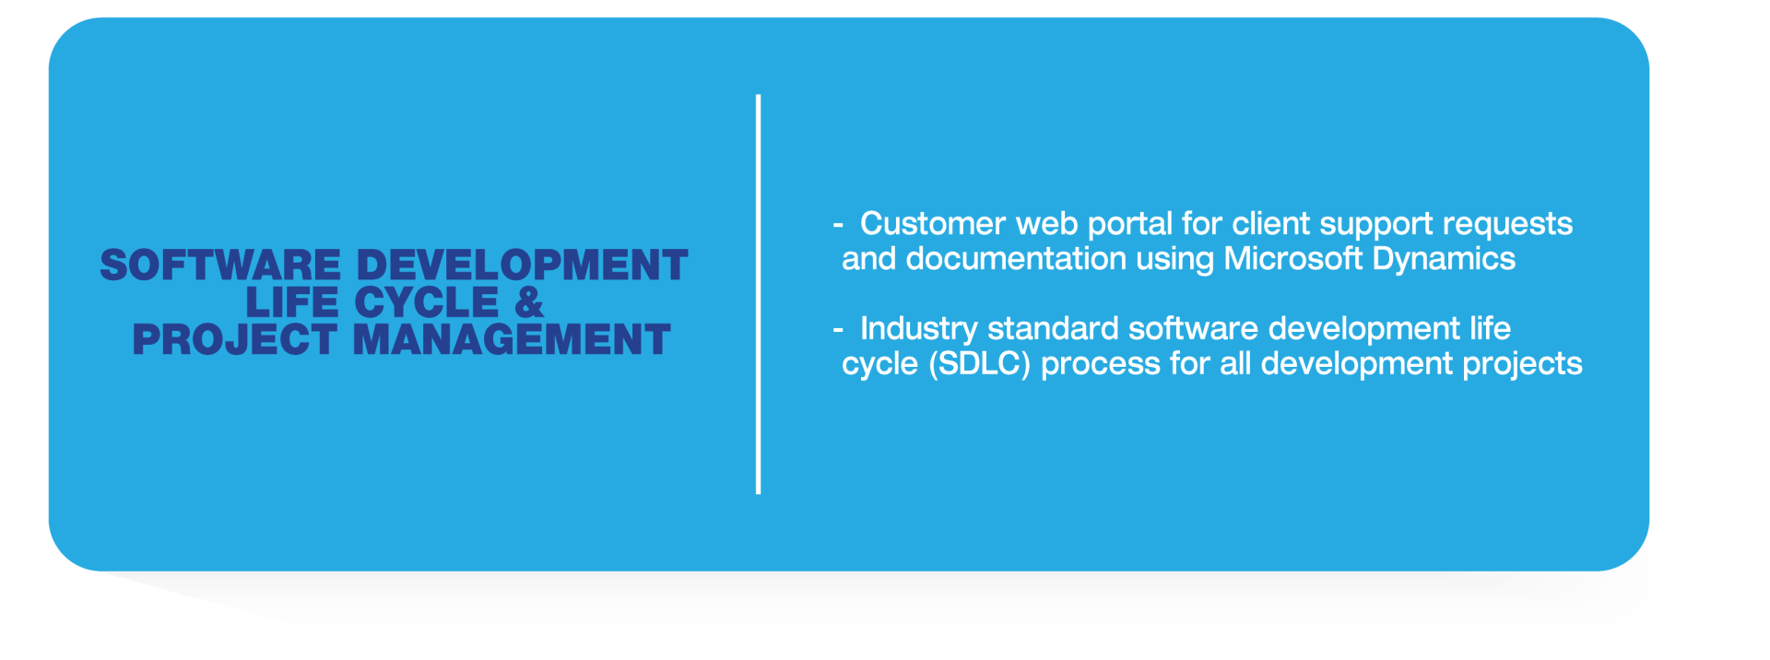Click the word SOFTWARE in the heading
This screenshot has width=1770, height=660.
coord(220,265)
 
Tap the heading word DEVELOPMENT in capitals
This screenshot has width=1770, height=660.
coord(522,265)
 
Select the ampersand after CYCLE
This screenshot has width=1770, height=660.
coord(529,302)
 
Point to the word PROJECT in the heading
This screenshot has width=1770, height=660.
coord(234,339)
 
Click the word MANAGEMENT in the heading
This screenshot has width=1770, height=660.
coord(512,339)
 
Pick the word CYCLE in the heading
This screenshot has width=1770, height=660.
coord(427,302)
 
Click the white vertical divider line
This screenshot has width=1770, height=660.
coord(758,294)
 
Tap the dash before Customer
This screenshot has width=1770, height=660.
coord(837,224)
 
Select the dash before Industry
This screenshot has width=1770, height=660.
coord(837,329)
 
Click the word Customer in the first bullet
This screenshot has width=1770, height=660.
coord(932,224)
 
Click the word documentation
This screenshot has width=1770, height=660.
coord(1016,259)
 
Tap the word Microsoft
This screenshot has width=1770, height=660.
coord(1292,259)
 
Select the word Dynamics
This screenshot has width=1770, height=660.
coord(1443,261)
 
